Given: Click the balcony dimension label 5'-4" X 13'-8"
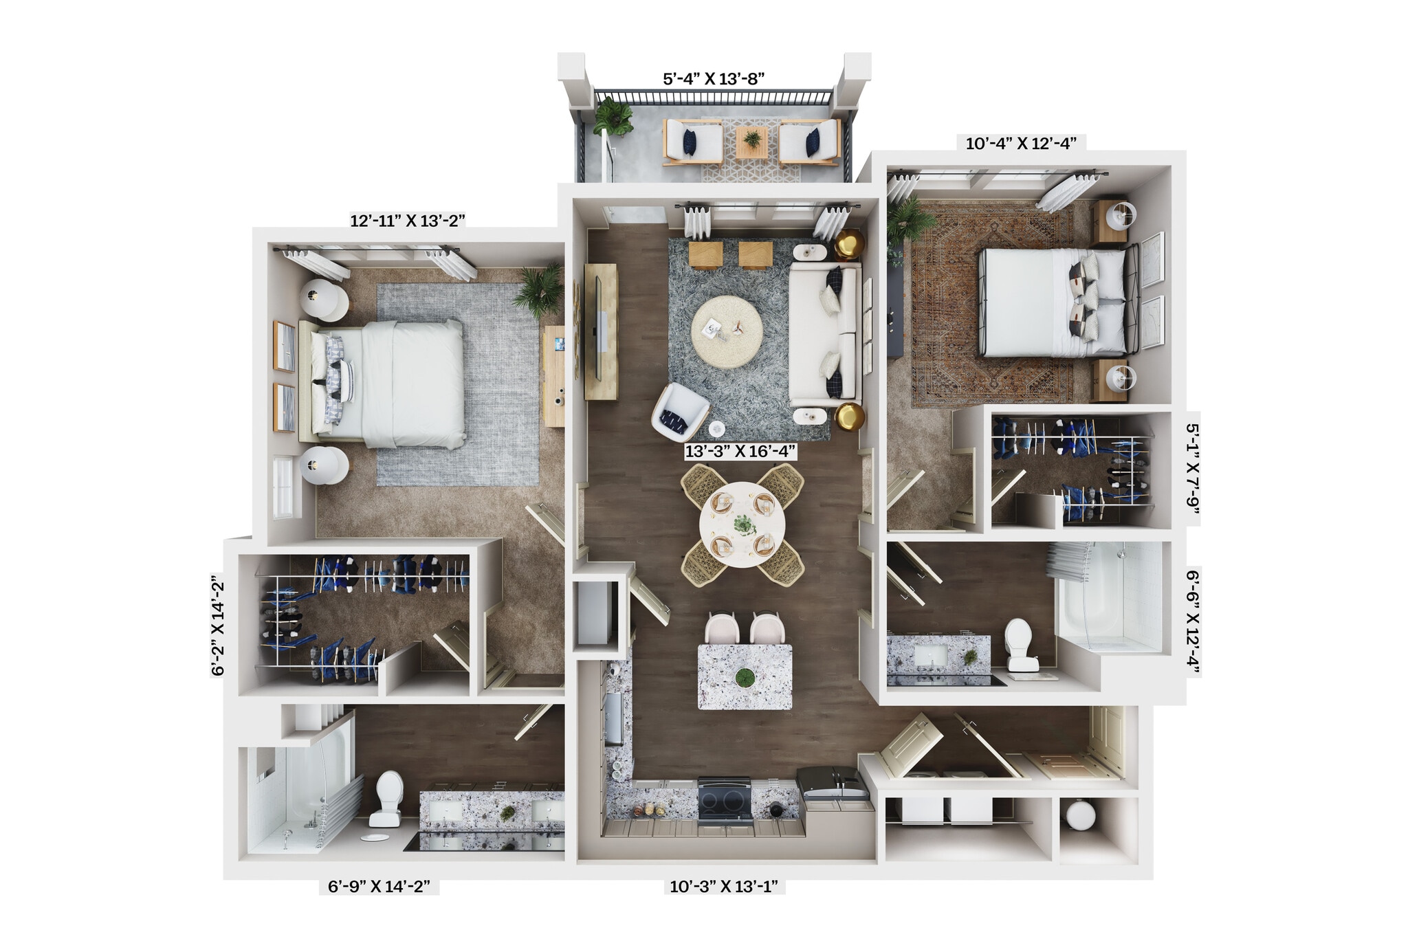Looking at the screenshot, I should pyautogui.click(x=714, y=78).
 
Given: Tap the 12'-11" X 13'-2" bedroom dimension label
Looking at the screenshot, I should pyautogui.click(x=408, y=221).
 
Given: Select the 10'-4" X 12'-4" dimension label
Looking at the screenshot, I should pyautogui.click(x=1021, y=144).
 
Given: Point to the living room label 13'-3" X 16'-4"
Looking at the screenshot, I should pyautogui.click(x=740, y=452).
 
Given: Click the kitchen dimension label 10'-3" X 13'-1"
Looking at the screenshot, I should pyautogui.click(x=724, y=886).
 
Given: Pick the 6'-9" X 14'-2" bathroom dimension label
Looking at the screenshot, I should pyautogui.click(x=379, y=886).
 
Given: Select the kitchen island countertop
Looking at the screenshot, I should pyautogui.click(x=745, y=676).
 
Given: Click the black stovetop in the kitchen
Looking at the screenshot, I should pyautogui.click(x=724, y=798).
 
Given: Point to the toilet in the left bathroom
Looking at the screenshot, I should pyautogui.click(x=388, y=797).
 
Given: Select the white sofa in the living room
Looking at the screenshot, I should pyautogui.click(x=824, y=335).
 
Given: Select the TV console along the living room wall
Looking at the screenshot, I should pyautogui.click(x=600, y=332).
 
